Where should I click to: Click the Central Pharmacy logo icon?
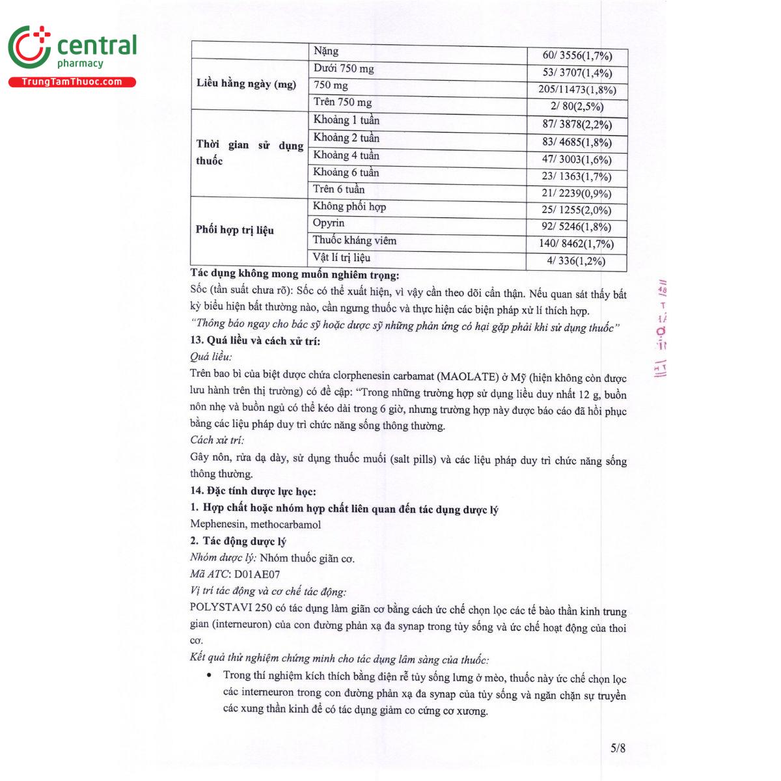click(x=29, y=48)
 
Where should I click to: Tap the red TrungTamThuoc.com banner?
click(x=72, y=82)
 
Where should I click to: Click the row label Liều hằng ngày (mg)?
click(x=246, y=84)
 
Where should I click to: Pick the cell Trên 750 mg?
click(x=342, y=102)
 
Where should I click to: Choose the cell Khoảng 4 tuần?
click(x=346, y=156)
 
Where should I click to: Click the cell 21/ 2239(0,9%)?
click(x=577, y=193)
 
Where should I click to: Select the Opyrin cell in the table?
click(x=329, y=223)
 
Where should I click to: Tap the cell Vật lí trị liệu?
click(x=341, y=258)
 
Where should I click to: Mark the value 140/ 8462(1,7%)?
click(x=576, y=244)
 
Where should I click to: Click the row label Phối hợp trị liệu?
click(x=235, y=230)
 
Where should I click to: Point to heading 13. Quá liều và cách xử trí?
click(x=255, y=340)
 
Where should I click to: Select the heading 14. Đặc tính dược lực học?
click(x=253, y=491)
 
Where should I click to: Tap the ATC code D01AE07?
click(x=257, y=574)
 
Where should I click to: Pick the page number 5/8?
click(x=618, y=748)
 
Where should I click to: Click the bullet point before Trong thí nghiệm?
click(x=208, y=675)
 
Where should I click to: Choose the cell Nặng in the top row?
click(x=326, y=51)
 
